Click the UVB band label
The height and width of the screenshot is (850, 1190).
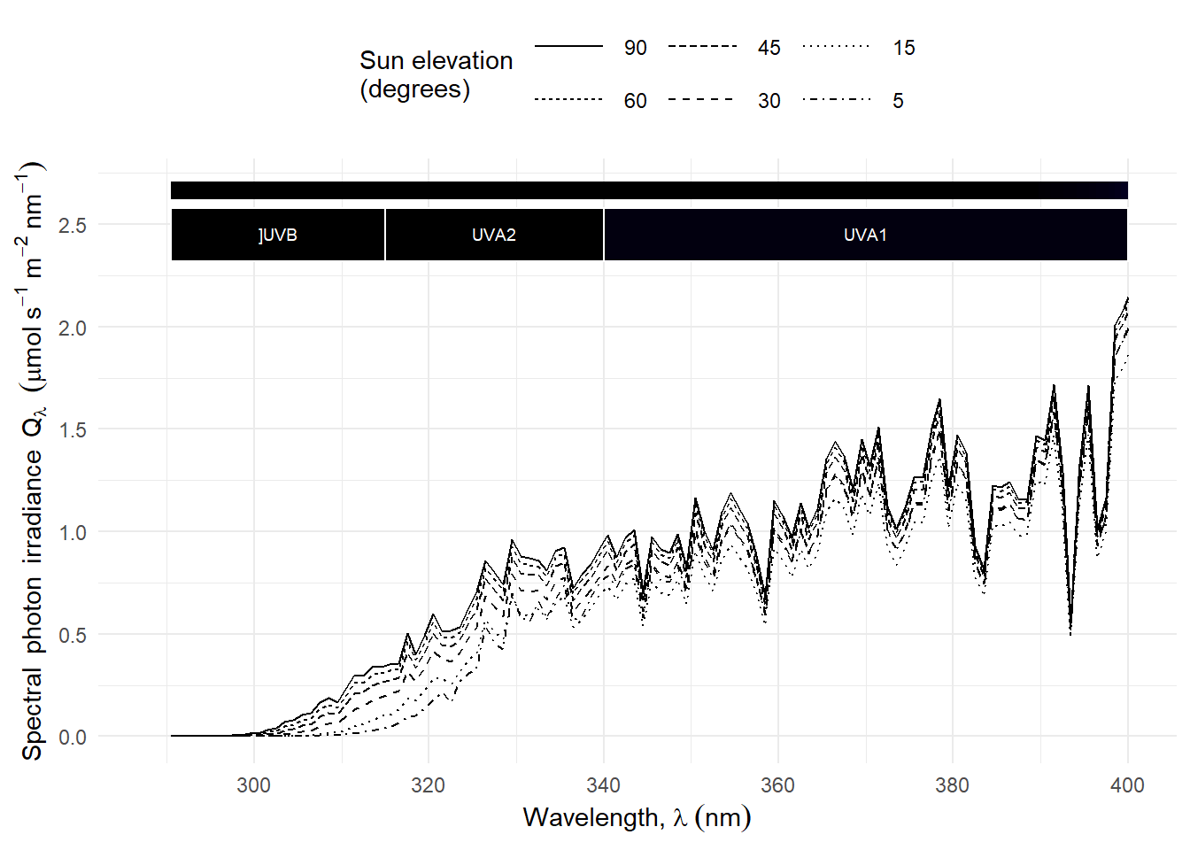click(278, 235)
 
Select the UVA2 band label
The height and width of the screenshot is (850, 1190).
click(493, 235)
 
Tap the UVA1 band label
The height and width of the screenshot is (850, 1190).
click(865, 235)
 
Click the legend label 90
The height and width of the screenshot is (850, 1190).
click(635, 48)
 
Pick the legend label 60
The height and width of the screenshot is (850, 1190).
click(635, 101)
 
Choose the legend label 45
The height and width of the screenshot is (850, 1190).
click(769, 48)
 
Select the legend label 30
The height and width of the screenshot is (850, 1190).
click(769, 101)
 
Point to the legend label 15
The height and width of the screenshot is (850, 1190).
click(903, 48)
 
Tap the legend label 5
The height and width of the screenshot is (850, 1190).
click(898, 101)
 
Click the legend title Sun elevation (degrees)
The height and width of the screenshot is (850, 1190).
click(436, 74)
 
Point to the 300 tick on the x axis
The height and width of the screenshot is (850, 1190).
click(253, 785)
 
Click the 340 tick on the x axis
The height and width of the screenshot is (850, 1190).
click(603, 785)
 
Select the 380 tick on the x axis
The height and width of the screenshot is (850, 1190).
click(952, 785)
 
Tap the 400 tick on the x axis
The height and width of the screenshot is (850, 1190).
click(1126, 785)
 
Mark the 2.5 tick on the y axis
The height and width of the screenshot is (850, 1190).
click(73, 225)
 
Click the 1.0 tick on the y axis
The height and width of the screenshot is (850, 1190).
click(73, 532)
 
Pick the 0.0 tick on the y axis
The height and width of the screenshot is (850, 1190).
click(73, 737)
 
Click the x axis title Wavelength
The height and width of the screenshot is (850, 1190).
click(637, 817)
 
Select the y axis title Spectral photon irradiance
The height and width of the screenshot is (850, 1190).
click(32, 460)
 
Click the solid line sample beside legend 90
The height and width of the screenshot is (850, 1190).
click(568, 46)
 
